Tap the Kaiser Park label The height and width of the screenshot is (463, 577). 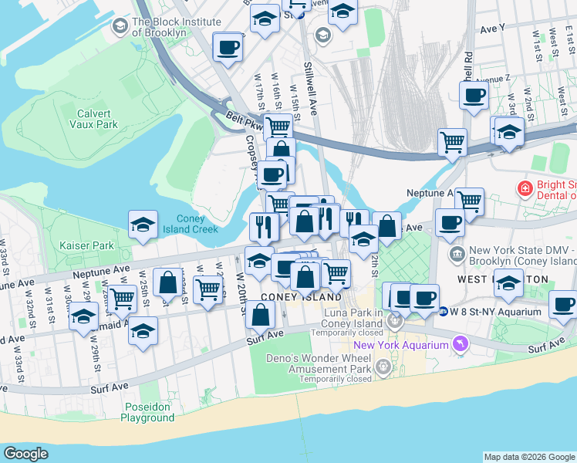[x=87, y=245]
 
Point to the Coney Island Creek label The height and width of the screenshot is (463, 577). [x=191, y=224]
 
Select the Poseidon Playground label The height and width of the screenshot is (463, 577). [x=147, y=412]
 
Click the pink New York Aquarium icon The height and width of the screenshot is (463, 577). [x=461, y=344]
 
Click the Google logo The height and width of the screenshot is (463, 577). [x=25, y=454]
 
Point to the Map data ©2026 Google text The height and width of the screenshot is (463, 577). [x=529, y=457]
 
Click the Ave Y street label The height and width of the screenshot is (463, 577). [x=492, y=28]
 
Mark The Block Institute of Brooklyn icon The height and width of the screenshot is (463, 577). [x=120, y=27]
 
